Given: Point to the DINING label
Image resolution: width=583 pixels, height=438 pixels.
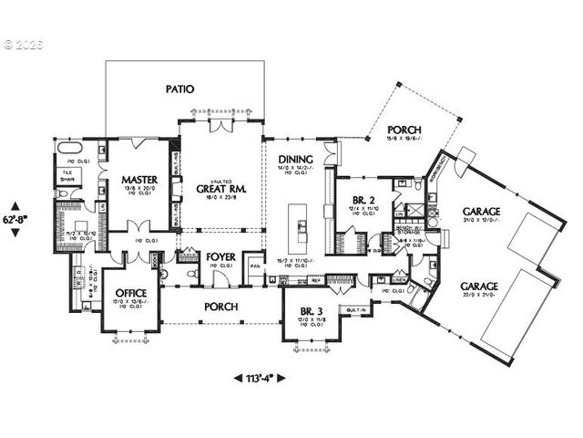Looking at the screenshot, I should coord(296,159).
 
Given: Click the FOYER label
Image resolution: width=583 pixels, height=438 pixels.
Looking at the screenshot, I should coord(221,258).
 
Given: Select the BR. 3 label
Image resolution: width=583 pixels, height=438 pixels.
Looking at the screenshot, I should coord(312,313).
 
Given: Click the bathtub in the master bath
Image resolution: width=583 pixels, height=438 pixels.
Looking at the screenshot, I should coord(71,148).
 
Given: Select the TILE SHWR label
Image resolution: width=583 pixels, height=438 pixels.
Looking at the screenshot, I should coord(67,175).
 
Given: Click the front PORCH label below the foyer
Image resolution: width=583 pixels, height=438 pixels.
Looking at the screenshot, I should coord(221,308).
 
